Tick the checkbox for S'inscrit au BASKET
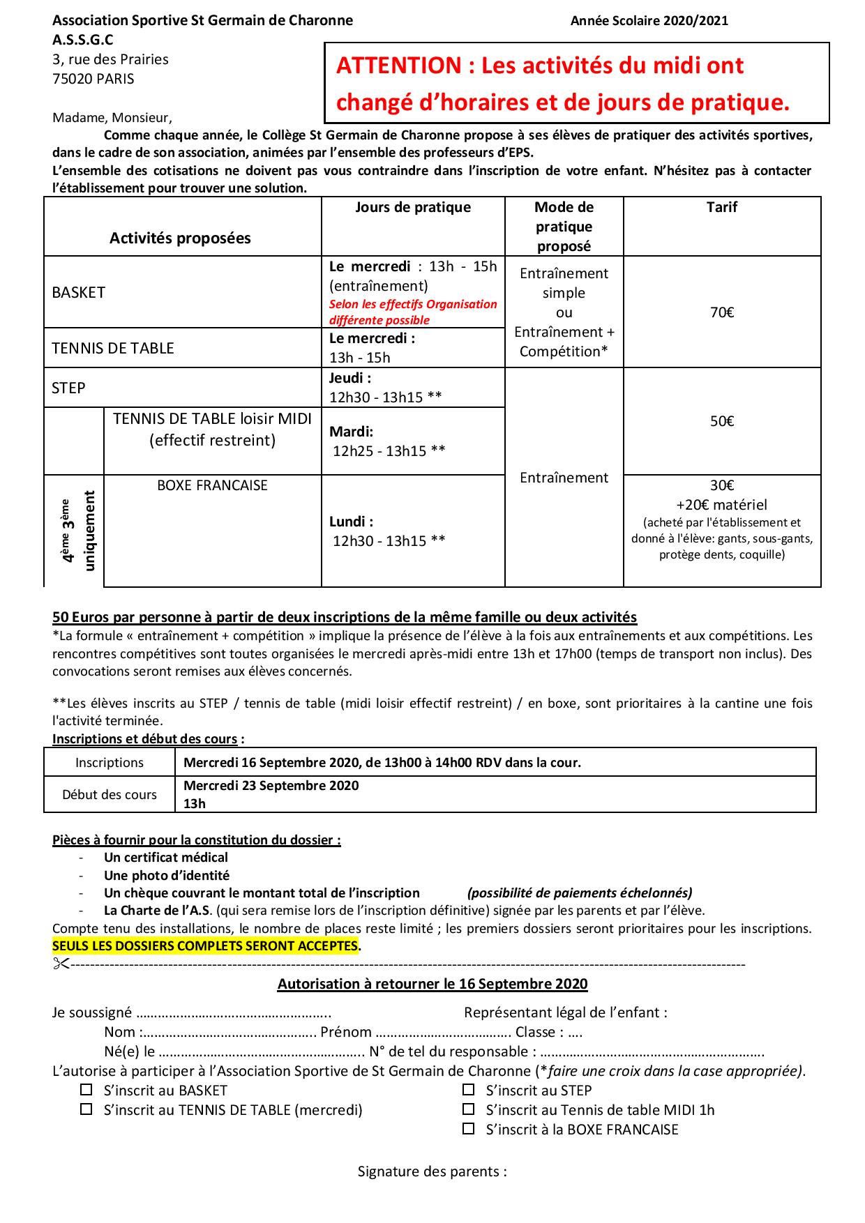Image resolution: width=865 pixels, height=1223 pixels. (86, 1089)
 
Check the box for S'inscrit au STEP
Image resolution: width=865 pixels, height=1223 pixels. (469, 1089)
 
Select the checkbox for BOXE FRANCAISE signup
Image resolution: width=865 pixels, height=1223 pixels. (469, 1128)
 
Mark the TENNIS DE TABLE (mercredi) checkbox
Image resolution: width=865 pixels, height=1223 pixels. (86, 1109)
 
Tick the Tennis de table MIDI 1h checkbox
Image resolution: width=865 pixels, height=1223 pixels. (469, 1109)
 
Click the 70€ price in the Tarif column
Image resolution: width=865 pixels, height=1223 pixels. (721, 312)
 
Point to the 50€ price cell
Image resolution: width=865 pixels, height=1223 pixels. (721, 421)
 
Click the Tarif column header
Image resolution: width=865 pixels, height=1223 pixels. (721, 207)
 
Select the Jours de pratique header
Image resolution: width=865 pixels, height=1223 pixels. (412, 207)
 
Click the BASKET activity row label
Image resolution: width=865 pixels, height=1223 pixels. (79, 293)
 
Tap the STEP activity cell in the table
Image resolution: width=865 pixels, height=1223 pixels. (68, 388)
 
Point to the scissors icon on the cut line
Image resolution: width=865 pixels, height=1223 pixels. (60, 964)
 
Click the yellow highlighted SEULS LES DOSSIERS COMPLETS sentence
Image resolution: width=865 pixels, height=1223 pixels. (206, 946)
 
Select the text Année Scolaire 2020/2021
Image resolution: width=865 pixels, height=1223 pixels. (649, 21)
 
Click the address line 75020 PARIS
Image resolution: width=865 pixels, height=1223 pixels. (93, 79)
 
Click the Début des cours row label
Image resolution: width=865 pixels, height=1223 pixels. (110, 794)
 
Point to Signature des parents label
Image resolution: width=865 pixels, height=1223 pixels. (432, 1171)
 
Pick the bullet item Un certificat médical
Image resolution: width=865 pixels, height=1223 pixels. (166, 857)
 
